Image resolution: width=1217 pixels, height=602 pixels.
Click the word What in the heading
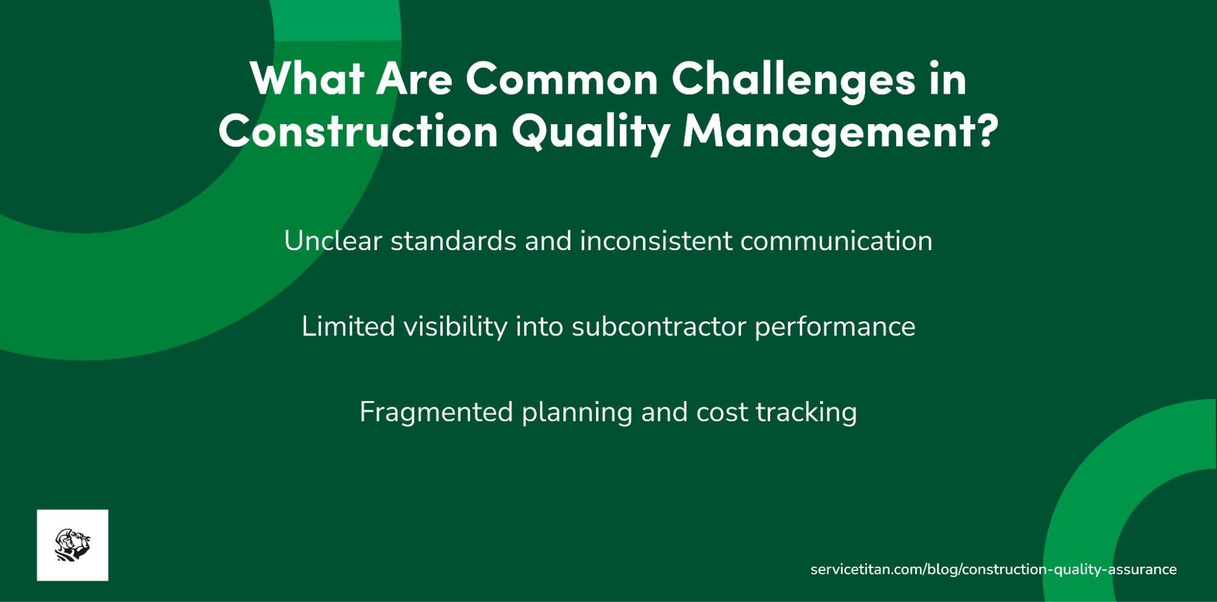[307, 79]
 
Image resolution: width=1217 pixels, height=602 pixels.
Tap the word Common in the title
[562, 79]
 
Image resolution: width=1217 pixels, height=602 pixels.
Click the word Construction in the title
[358, 131]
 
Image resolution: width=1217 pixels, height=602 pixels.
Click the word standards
[454, 241]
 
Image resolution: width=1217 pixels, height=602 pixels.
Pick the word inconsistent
[656, 241]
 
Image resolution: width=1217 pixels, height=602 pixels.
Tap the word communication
[836, 241]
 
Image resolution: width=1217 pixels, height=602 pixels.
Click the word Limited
[348, 327]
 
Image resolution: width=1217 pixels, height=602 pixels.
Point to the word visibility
[455, 327]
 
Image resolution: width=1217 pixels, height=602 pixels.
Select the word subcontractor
[659, 327]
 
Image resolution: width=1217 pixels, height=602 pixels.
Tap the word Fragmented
[436, 412]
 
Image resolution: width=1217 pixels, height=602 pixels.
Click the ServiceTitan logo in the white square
[72, 545]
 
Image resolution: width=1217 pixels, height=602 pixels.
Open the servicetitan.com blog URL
[993, 570]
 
